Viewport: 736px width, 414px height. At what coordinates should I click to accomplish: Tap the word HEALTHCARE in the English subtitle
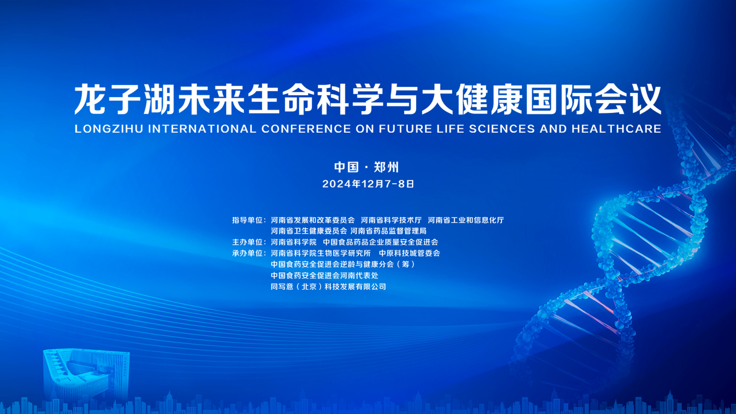click(x=616, y=129)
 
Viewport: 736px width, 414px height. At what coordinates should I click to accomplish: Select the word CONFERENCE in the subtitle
click(x=306, y=129)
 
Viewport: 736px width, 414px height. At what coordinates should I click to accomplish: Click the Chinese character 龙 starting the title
click(x=90, y=99)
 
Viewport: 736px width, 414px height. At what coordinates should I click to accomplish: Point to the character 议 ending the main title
click(x=646, y=99)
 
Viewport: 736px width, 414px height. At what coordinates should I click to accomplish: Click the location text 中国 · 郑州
click(x=366, y=167)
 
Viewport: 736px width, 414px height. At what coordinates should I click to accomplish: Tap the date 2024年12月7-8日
click(x=368, y=184)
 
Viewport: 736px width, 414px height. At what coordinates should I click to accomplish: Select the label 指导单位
click(x=247, y=220)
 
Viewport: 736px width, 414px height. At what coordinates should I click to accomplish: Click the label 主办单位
click(x=247, y=242)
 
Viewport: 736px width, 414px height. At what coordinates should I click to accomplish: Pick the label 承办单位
click(x=247, y=253)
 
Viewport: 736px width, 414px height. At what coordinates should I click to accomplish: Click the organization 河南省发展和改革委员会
click(x=313, y=220)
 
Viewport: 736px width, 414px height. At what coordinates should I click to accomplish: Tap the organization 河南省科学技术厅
click(x=391, y=220)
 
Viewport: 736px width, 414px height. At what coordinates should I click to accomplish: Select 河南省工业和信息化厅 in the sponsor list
click(x=466, y=220)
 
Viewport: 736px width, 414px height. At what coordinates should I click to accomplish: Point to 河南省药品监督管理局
click(x=388, y=231)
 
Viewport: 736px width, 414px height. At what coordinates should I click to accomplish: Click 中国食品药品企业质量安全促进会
click(x=380, y=242)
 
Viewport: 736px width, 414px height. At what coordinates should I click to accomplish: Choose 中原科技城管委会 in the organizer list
click(x=409, y=253)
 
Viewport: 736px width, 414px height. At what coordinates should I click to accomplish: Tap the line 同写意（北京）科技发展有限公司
click(x=328, y=287)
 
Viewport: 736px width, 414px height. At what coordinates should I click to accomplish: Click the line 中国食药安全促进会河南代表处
click(x=324, y=276)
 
